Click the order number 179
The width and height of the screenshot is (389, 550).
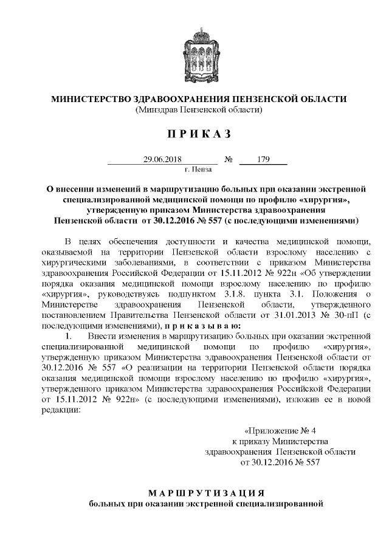coord(263,160)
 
